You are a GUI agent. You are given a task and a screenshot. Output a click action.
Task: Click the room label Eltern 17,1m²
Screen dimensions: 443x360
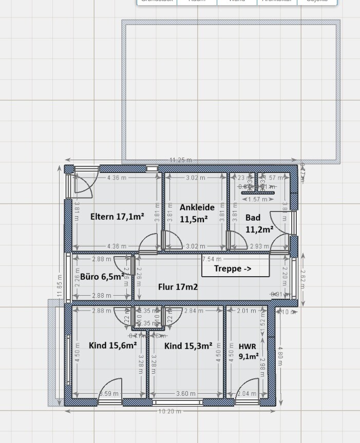point(117,217)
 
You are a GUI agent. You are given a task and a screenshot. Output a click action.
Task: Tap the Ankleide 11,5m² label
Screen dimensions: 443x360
point(197,213)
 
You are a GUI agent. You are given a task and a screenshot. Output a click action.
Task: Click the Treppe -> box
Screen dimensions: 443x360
point(235,268)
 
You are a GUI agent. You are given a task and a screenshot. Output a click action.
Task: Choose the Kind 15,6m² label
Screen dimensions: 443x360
point(112,346)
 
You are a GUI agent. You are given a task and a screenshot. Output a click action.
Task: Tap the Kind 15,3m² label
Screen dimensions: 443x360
point(188,346)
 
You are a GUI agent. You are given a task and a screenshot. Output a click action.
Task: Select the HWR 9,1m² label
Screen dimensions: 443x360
point(248,351)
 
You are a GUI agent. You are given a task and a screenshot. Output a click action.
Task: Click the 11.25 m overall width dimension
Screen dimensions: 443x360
point(180,160)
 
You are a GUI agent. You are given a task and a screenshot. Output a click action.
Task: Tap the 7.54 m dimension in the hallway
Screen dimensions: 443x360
point(212,259)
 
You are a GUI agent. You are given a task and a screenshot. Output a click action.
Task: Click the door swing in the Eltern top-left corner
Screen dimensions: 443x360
point(85,183)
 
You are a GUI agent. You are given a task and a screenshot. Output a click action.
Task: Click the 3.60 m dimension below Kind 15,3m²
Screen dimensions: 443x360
point(185,394)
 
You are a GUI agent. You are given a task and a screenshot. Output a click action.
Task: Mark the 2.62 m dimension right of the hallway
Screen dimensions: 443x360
point(303,280)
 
